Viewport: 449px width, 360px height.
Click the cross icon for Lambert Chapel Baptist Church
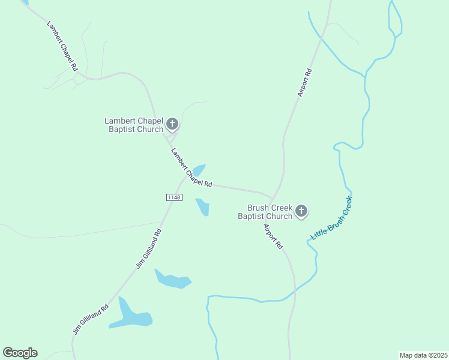172,124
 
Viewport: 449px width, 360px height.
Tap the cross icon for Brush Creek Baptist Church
301,211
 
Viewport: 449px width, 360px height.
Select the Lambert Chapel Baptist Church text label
134,125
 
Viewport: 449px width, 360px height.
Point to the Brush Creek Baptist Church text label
265,212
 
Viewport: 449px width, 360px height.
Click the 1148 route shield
174,197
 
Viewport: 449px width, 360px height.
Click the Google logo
20,353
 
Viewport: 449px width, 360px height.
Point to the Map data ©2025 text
423,355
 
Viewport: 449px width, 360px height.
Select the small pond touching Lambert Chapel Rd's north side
199,170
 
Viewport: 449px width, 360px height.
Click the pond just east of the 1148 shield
203,207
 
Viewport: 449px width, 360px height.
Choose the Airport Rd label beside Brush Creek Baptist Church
273,236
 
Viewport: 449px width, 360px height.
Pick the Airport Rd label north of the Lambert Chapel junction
305,83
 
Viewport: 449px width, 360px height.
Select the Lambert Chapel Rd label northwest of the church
62,47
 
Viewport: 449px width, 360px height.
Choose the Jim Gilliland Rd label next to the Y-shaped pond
91,319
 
